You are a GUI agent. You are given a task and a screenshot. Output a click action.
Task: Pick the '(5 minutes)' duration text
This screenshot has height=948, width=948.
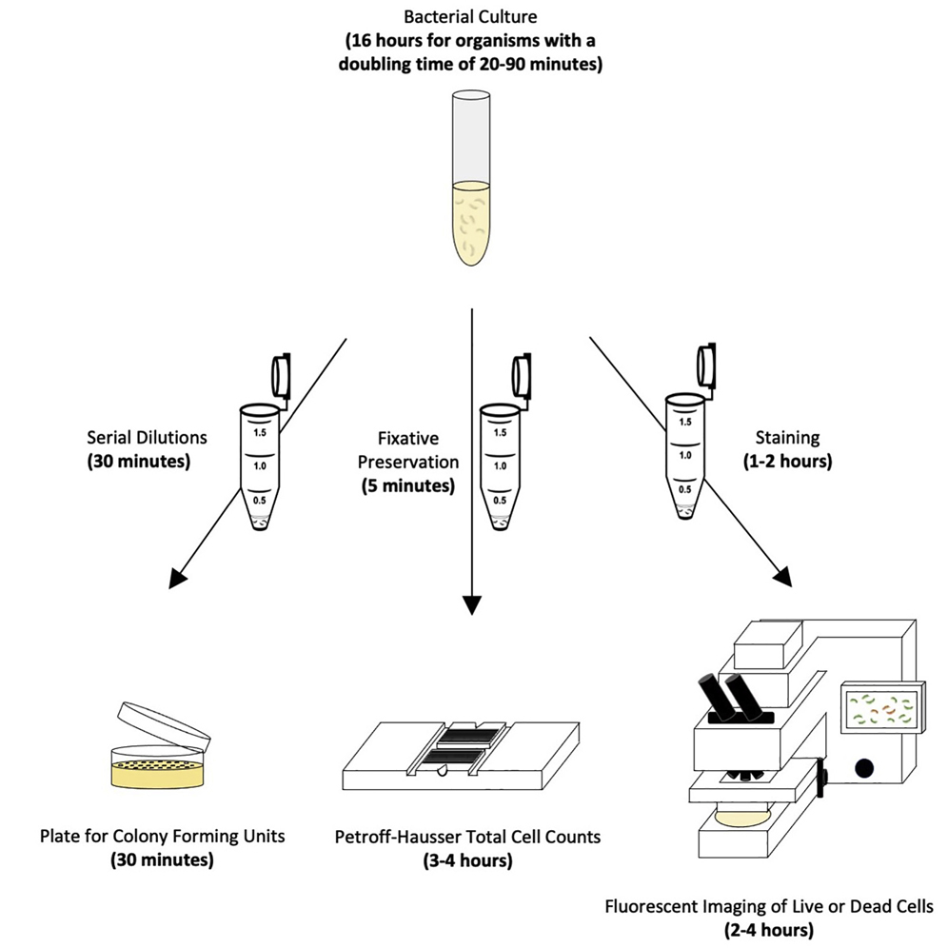(408, 485)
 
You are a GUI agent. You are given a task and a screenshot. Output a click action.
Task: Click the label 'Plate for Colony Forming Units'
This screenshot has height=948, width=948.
(163, 838)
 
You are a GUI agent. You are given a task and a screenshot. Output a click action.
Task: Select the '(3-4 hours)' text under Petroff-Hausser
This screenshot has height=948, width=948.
(467, 861)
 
